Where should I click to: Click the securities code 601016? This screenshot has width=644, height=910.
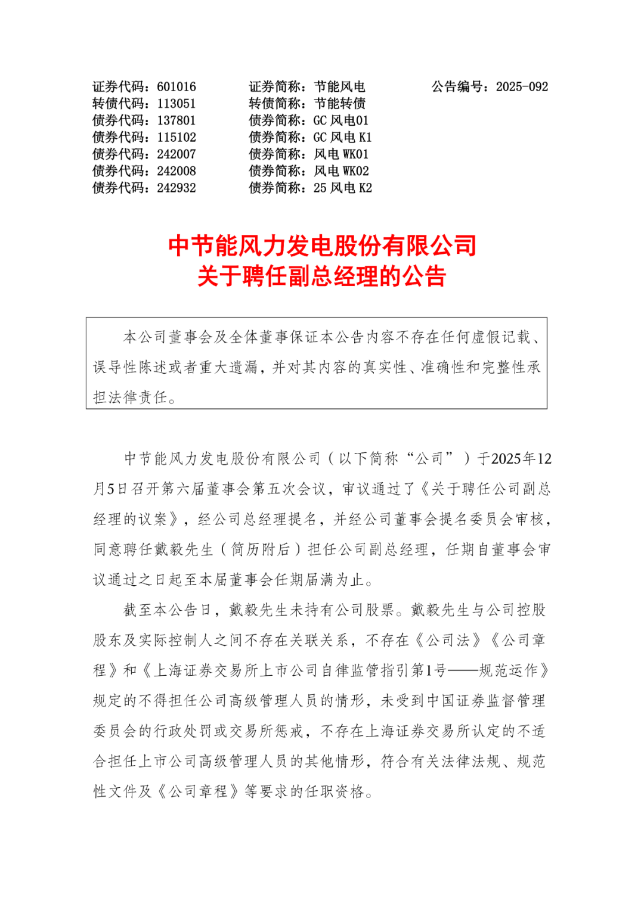176,87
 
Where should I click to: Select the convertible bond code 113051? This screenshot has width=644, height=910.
176,104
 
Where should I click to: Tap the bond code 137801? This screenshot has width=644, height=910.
176,120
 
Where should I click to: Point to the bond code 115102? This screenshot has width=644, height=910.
176,138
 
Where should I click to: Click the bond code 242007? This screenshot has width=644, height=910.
176,154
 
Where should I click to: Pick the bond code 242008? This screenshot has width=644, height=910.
176,171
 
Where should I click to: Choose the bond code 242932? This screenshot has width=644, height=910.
176,188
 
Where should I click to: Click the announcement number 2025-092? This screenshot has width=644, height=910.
522,87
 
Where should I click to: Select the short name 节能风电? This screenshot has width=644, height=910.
339,87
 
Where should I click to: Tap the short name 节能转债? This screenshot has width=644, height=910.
339,104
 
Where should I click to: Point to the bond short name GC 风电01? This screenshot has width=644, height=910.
341,120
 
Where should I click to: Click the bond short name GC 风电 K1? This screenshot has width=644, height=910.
342,138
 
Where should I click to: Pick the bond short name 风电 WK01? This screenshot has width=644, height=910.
341,154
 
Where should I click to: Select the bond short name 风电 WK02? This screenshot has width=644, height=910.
341,171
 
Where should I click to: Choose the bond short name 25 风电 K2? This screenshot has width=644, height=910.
342,188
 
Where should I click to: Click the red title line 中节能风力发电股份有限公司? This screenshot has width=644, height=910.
322,246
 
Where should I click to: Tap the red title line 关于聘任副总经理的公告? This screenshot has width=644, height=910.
322,277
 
